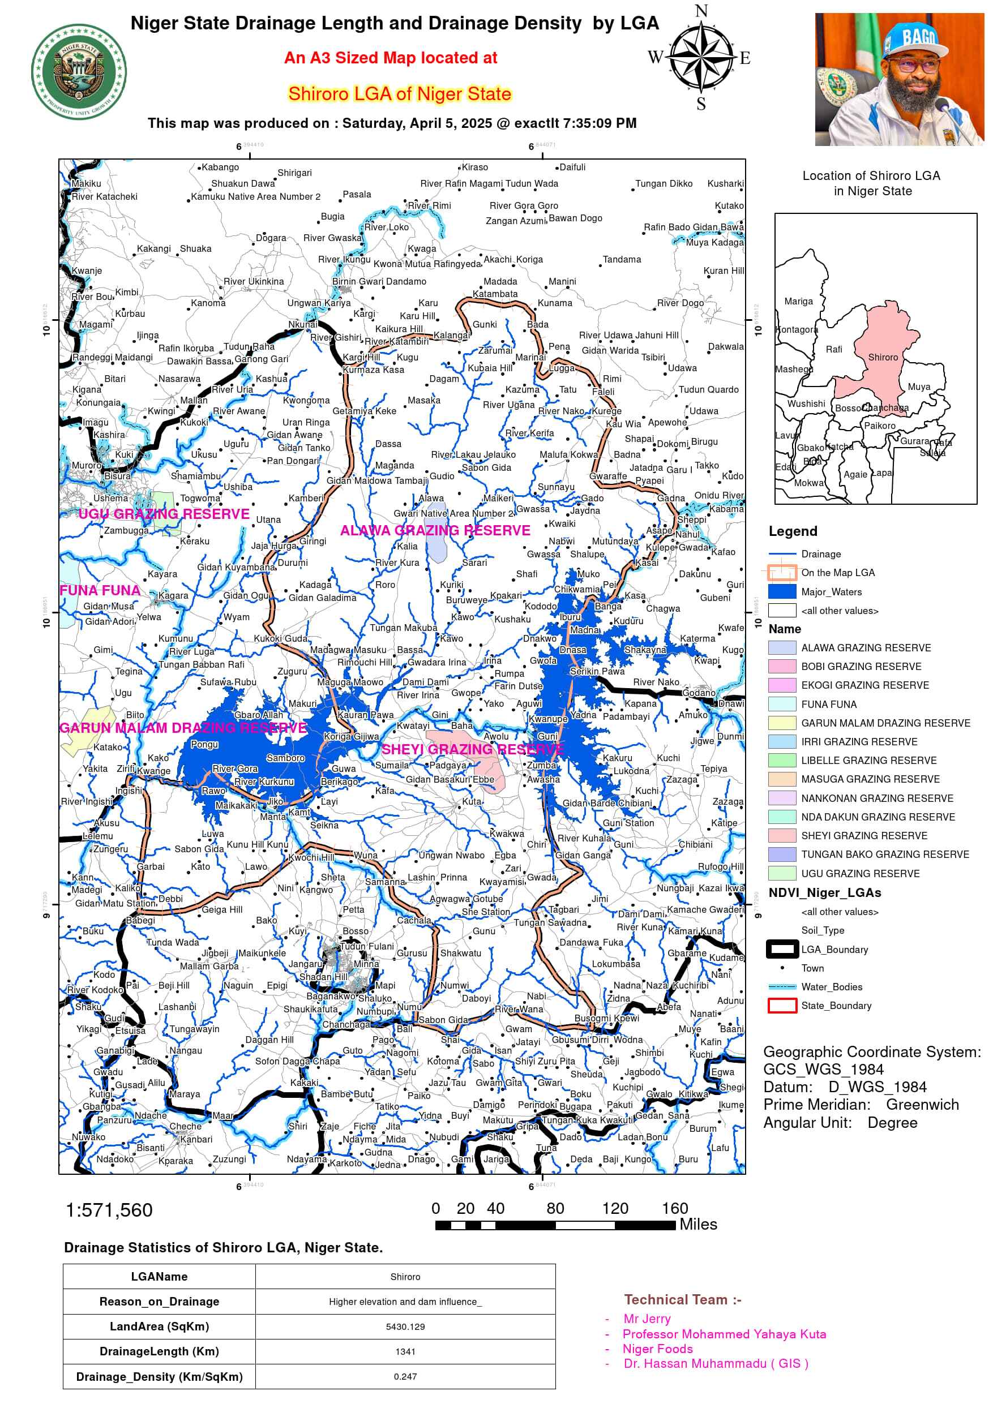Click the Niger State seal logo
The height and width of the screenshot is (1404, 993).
click(x=79, y=71)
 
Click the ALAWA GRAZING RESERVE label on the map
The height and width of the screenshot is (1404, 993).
click(x=435, y=530)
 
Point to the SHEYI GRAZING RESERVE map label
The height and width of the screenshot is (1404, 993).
click(x=472, y=749)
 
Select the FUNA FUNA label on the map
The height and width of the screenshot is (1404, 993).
click(x=100, y=590)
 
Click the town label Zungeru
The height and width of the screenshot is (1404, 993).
click(x=111, y=849)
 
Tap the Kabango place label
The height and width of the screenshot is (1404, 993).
click(x=220, y=167)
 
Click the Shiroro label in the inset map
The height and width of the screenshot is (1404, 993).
click(x=883, y=357)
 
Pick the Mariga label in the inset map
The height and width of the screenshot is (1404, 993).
click(x=798, y=301)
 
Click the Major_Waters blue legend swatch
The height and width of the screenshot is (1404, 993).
click(x=782, y=591)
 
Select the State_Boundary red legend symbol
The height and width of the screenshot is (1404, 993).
click(x=782, y=1005)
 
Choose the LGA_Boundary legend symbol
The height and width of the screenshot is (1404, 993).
click(x=782, y=949)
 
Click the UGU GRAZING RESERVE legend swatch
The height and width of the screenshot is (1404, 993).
click(x=782, y=873)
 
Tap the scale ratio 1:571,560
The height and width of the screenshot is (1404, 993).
click(x=109, y=1209)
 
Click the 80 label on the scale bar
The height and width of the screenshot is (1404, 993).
click(x=555, y=1208)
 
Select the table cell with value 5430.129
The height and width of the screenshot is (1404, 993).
click(x=405, y=1326)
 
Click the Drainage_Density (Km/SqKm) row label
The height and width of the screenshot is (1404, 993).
click(x=159, y=1376)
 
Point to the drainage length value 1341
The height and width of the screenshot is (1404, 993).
click(x=405, y=1351)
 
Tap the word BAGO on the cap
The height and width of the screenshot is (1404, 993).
click(x=918, y=37)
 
